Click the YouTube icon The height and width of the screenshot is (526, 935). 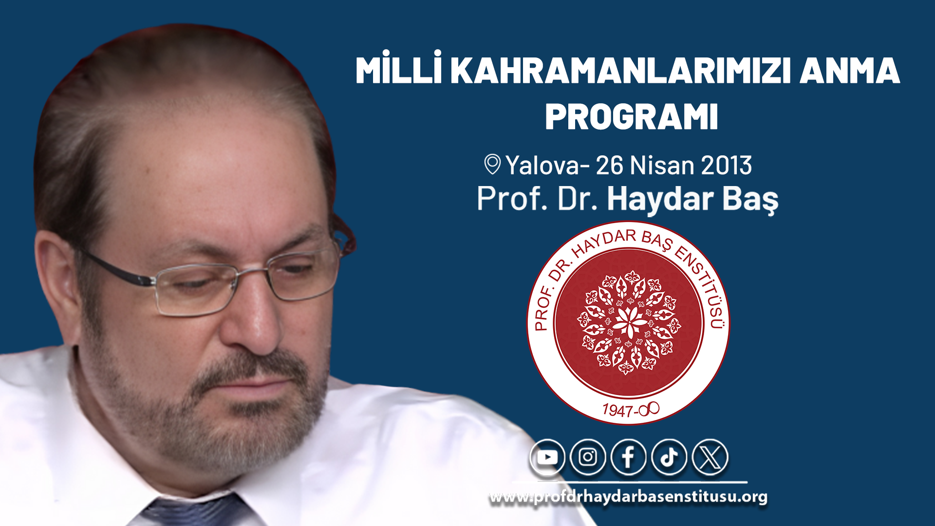tap(547, 457)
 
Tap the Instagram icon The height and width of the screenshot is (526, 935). tap(588, 457)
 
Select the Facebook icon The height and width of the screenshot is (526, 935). tap(628, 457)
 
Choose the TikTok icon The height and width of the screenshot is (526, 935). tap(669, 457)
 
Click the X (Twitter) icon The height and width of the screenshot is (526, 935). tap(710, 457)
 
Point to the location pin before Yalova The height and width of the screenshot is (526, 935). tap(492, 164)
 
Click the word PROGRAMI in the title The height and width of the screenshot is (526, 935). tap(632, 117)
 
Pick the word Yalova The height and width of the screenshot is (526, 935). tap(542, 166)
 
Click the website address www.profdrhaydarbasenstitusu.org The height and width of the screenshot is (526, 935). tap(628, 497)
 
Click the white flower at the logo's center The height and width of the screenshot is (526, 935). tap(629, 322)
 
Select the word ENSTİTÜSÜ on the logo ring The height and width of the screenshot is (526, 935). tap(705, 285)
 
